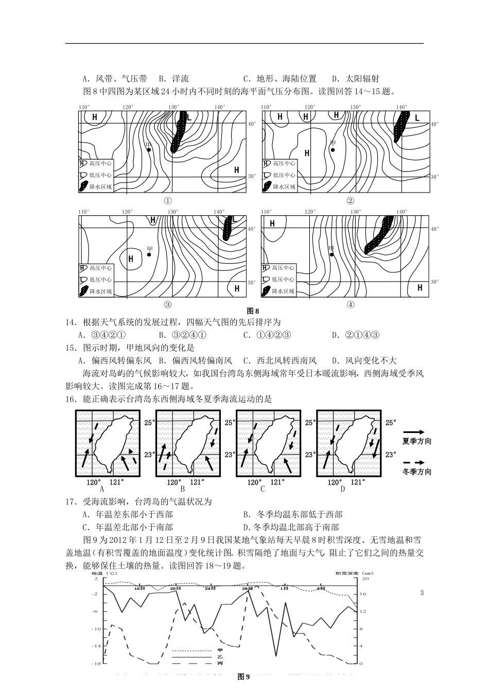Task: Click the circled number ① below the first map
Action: [167, 200]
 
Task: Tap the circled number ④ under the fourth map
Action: [351, 304]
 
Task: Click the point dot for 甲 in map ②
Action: [333, 150]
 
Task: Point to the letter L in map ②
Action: [417, 118]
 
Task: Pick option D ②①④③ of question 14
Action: [356, 335]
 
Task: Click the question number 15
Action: [71, 348]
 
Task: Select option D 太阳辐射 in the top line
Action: [356, 79]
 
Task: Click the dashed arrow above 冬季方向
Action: [416, 462]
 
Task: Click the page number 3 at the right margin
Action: [422, 593]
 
